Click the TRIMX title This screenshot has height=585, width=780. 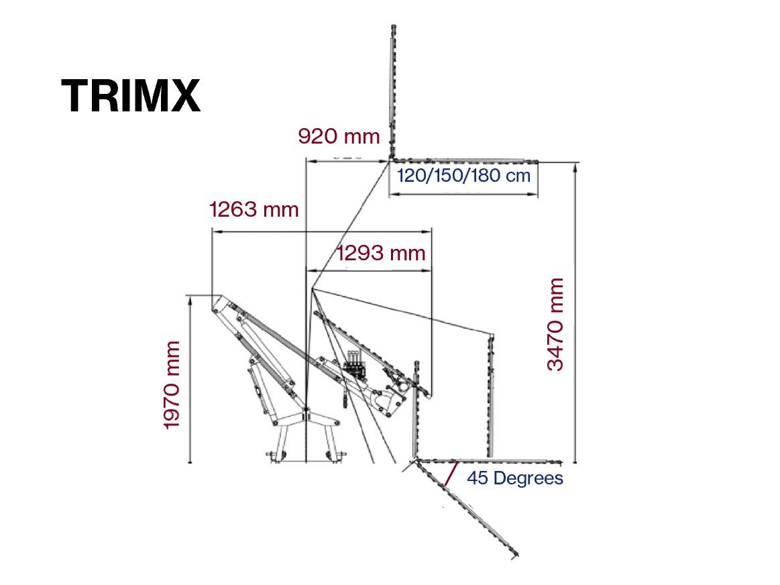click(x=131, y=95)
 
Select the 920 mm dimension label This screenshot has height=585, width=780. click(x=339, y=136)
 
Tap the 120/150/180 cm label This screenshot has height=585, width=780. click(x=463, y=176)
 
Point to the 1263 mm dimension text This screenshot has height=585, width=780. click(x=254, y=209)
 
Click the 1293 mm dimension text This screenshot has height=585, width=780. click(x=381, y=253)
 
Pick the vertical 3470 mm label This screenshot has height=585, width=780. click(x=555, y=324)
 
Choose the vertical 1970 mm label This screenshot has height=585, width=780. click(x=172, y=385)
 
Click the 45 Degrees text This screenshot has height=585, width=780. click(x=515, y=478)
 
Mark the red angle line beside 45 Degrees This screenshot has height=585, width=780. click(x=451, y=474)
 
